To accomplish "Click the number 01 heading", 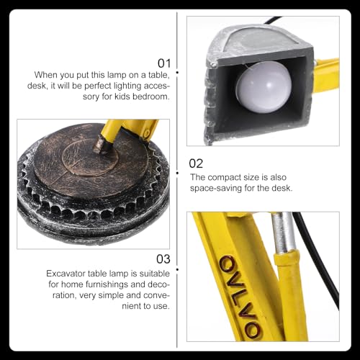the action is click(164, 63).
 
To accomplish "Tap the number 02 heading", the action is click(196, 163).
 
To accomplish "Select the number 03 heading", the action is click(163, 259).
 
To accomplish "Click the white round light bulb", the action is click(264, 87).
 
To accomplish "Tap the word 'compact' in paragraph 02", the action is click(224, 178).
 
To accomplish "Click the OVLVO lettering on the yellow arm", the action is click(240, 297).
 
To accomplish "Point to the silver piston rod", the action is click(283, 233).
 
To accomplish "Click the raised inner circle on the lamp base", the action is click(90, 157).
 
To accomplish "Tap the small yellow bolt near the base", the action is click(147, 133).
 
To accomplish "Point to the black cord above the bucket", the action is click(274, 20).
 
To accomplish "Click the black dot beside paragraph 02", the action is click(177, 173).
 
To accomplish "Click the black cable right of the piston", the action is click(317, 261).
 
